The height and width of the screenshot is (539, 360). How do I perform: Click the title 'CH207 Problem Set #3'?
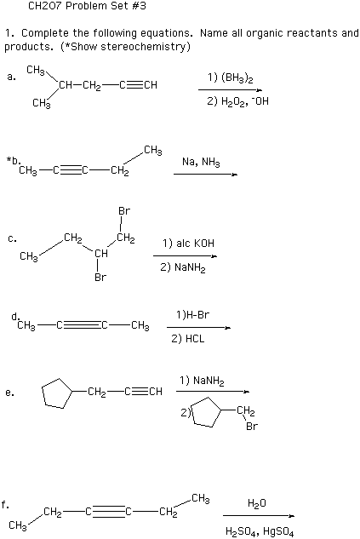[x=87, y=6]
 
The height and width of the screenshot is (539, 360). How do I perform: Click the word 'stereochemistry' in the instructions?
[x=143, y=46]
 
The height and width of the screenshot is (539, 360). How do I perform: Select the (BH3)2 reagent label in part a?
[x=237, y=78]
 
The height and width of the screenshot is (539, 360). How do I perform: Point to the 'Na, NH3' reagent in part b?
[x=201, y=162]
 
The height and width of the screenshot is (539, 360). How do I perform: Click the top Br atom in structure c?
[x=124, y=210]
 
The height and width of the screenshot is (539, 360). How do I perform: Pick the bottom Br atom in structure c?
[x=100, y=277]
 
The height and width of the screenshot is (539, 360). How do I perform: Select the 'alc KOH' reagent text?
[x=195, y=243]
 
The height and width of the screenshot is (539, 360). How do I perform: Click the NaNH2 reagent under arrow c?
[x=190, y=267]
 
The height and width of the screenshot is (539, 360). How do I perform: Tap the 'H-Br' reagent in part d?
[x=197, y=314]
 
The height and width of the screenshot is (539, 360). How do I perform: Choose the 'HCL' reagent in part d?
[x=195, y=339]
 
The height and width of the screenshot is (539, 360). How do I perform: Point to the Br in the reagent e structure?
[x=252, y=427]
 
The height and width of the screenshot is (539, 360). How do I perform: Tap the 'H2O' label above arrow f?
[x=257, y=503]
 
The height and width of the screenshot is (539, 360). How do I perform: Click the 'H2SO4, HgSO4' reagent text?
[x=260, y=531]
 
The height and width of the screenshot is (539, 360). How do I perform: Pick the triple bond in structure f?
[x=109, y=513]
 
